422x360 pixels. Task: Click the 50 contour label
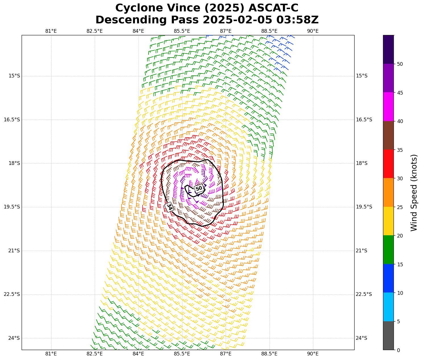(199, 188)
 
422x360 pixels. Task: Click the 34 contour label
(169, 207)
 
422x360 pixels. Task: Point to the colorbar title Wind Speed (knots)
(414, 193)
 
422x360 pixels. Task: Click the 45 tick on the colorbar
(400, 93)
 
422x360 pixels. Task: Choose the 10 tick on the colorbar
(400, 293)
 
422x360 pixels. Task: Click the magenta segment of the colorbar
(388, 107)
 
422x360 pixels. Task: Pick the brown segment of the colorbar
(388, 135)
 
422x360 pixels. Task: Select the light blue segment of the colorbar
(388, 307)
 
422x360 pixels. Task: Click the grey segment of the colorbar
(388, 336)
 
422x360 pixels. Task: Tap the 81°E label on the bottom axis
(51, 354)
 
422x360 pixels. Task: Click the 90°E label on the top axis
(313, 31)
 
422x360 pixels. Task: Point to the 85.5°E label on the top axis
(182, 31)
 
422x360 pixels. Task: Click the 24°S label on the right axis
(361, 338)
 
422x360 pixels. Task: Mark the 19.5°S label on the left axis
(12, 207)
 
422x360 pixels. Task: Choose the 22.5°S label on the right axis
(364, 294)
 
